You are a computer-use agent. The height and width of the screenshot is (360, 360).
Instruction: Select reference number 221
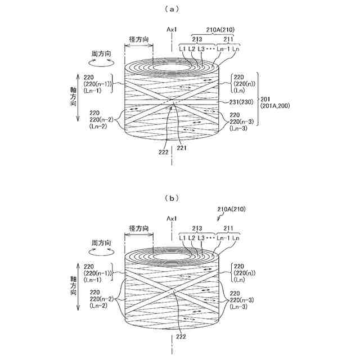[181, 148]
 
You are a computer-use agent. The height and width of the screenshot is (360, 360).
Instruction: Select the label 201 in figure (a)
[265, 98]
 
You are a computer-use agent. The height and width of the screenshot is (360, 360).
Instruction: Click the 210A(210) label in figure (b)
[231, 209]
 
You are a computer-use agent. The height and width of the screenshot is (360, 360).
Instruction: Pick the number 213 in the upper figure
[197, 39]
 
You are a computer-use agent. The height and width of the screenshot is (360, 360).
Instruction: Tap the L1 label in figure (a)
[183, 49]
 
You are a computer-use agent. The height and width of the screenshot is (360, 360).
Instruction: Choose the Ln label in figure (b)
[235, 238]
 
